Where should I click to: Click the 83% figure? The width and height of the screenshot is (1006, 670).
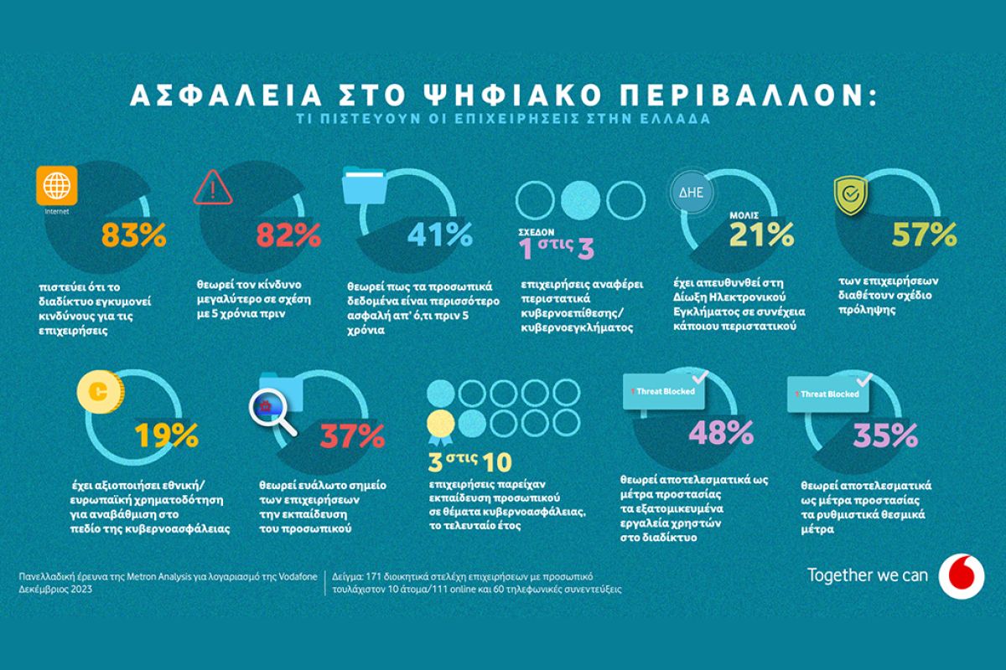pyautogui.click(x=134, y=235)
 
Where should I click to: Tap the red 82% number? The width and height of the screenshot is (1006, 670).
pyautogui.click(x=290, y=235)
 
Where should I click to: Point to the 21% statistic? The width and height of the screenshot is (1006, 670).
pyautogui.click(x=762, y=235)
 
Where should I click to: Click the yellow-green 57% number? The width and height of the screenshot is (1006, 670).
pyautogui.click(x=923, y=235)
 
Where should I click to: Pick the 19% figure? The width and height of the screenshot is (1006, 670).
pyautogui.click(x=166, y=435)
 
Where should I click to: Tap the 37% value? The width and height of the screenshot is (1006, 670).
pyautogui.click(x=351, y=435)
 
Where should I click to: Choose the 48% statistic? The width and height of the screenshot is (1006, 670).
pyautogui.click(x=721, y=433)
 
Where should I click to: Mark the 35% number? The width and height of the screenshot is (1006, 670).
pyautogui.click(x=885, y=435)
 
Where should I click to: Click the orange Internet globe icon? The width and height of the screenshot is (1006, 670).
pyautogui.click(x=58, y=186)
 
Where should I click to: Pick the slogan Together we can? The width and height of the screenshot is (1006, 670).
pyautogui.click(x=868, y=575)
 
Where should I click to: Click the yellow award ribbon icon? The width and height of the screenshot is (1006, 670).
pyautogui.click(x=439, y=423)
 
